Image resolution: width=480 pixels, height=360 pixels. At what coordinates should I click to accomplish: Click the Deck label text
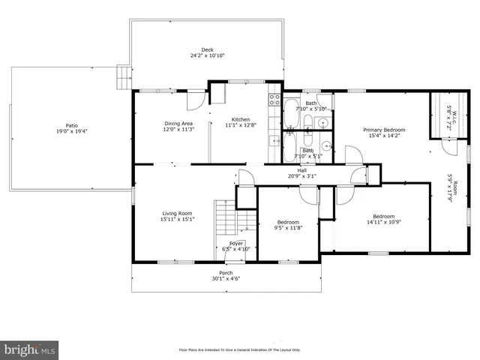(x=207, y=50)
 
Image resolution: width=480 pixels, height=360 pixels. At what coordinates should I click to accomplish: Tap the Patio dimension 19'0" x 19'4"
(x=71, y=131)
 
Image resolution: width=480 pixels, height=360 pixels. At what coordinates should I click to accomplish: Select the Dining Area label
(x=178, y=124)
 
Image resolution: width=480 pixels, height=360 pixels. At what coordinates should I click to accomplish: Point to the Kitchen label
(x=240, y=120)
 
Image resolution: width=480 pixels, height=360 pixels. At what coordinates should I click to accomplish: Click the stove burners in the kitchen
(x=274, y=99)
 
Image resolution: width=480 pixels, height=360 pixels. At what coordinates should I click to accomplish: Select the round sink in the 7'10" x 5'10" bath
(x=322, y=123)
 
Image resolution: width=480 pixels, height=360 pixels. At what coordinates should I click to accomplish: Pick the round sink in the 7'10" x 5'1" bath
(x=325, y=145)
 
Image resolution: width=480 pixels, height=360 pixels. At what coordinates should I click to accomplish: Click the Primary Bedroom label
(x=383, y=130)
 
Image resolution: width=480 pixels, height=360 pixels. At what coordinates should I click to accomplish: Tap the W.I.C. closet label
(x=448, y=108)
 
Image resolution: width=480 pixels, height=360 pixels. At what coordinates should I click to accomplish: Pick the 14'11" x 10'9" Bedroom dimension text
(x=384, y=223)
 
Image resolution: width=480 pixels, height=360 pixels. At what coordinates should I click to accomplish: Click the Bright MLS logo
(x=30, y=349)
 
